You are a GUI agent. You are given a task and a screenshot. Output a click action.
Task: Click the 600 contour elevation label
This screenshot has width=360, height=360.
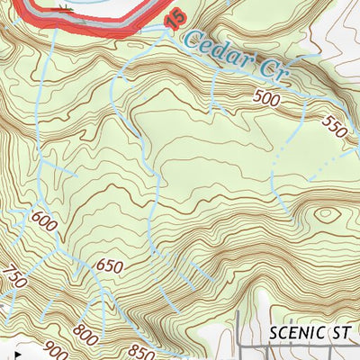(43, 218)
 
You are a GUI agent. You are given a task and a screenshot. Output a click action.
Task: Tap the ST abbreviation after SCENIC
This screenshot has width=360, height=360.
(340, 333)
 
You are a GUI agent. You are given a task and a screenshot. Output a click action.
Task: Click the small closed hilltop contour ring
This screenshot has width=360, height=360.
(321, 215)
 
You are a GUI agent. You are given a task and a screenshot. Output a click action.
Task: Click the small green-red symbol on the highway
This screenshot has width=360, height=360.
(62, 8)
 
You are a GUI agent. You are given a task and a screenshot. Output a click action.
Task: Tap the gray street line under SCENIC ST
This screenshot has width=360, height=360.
(297, 346)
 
